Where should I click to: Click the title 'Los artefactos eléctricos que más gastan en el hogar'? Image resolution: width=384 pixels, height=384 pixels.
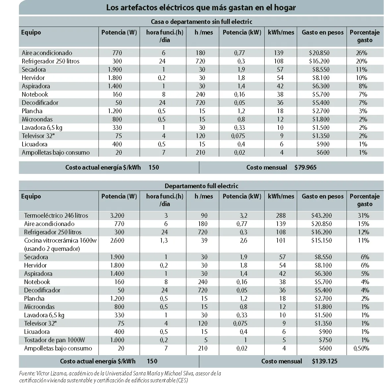(201, 8)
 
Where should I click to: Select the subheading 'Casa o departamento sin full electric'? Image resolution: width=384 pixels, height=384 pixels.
(201, 22)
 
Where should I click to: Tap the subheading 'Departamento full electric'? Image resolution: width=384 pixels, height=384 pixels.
(201, 186)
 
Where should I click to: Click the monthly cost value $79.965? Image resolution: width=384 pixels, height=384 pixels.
(305, 167)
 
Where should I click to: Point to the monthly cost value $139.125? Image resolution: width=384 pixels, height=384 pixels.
(325, 361)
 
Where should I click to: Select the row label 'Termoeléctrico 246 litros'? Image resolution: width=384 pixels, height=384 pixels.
(56, 215)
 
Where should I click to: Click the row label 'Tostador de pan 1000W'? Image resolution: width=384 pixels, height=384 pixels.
(54, 340)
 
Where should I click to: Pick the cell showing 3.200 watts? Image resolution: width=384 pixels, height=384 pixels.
(117, 215)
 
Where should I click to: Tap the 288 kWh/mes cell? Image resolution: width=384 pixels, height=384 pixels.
(281, 215)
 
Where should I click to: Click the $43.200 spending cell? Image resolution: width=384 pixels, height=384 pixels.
(321, 215)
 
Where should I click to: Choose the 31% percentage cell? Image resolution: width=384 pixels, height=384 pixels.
(363, 215)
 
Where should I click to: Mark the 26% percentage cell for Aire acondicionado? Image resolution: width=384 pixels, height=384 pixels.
(361, 53)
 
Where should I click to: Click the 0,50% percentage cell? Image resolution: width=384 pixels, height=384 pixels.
(361, 348)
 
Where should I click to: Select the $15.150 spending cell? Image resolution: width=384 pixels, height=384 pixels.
(321, 240)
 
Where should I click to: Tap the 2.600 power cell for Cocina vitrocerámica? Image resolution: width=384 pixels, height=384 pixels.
(117, 240)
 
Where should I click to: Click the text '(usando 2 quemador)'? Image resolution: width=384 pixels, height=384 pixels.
(52, 249)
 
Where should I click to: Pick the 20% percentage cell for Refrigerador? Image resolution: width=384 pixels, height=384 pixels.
(361, 61)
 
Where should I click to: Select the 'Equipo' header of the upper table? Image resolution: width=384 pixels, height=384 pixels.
(31, 32)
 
